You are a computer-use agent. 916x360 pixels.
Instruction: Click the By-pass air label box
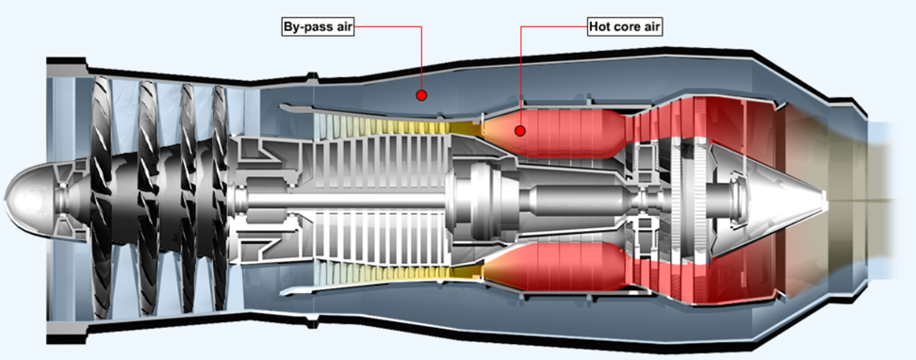coord(317,25)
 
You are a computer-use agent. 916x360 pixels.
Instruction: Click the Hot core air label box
coord(625,25)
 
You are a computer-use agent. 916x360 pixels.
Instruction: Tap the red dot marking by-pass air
coord(422,95)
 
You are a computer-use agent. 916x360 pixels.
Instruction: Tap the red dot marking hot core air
coord(518,130)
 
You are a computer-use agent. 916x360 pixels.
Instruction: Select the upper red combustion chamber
coord(556,131)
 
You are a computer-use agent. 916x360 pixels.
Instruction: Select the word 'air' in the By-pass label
coord(340,25)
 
